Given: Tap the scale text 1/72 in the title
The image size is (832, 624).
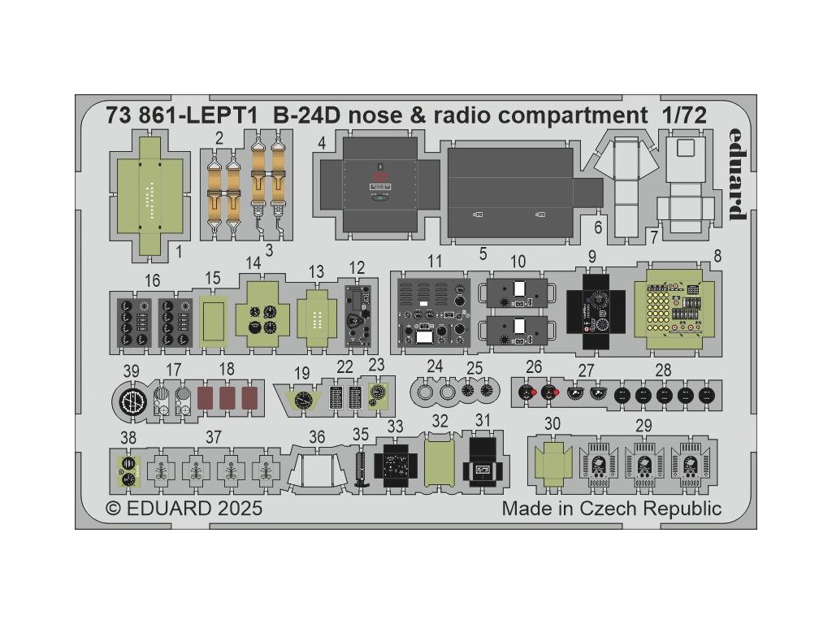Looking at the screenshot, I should (x=681, y=117).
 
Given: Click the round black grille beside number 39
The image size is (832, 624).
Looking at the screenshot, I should (x=132, y=401).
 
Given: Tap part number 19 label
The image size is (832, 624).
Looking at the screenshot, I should (x=301, y=374).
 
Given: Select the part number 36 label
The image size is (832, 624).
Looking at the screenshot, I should (x=317, y=437).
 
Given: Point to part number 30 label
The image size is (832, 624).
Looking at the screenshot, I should (x=552, y=423).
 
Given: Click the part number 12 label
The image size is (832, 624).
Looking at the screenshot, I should (x=357, y=267).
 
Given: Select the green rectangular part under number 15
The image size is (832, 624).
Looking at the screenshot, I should (x=214, y=318).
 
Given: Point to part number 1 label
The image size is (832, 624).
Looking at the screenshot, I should (x=179, y=252).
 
